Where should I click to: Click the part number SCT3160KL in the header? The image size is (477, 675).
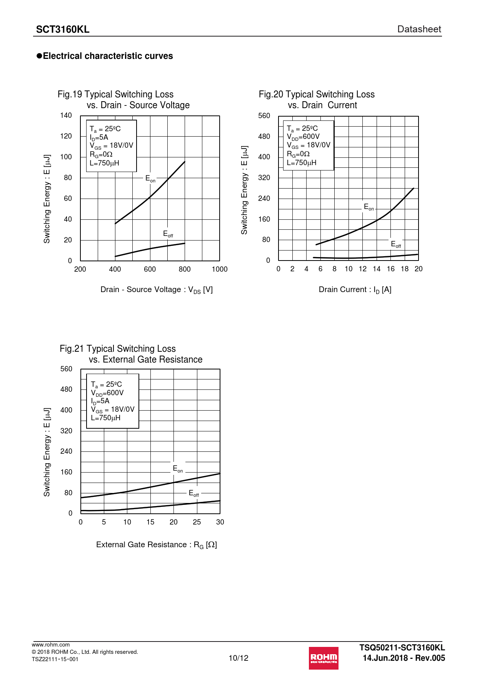63,30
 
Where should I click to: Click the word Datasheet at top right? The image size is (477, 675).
419,29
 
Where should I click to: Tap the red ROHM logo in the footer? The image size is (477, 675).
324,658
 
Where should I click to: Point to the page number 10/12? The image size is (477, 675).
239,658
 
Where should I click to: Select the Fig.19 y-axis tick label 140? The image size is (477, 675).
66,115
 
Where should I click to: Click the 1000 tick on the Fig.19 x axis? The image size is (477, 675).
220,269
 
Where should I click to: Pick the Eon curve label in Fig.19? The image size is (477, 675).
150,179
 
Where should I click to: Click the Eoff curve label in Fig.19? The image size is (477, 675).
168,234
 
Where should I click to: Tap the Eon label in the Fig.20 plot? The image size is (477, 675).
369,207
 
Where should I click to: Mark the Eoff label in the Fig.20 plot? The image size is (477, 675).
396,244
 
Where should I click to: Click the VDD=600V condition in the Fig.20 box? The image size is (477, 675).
303,137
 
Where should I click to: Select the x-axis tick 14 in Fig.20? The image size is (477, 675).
377,269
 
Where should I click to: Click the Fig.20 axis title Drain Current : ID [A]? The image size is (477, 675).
355,290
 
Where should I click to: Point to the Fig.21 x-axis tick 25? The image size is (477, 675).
197,522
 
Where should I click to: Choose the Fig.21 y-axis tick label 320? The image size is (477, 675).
66,431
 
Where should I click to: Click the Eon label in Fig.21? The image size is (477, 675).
178,469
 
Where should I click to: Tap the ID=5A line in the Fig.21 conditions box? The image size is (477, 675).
100,401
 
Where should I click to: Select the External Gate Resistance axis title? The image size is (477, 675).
157,545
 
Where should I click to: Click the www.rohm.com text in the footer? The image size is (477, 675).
51,645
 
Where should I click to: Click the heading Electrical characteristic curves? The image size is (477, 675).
108,56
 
